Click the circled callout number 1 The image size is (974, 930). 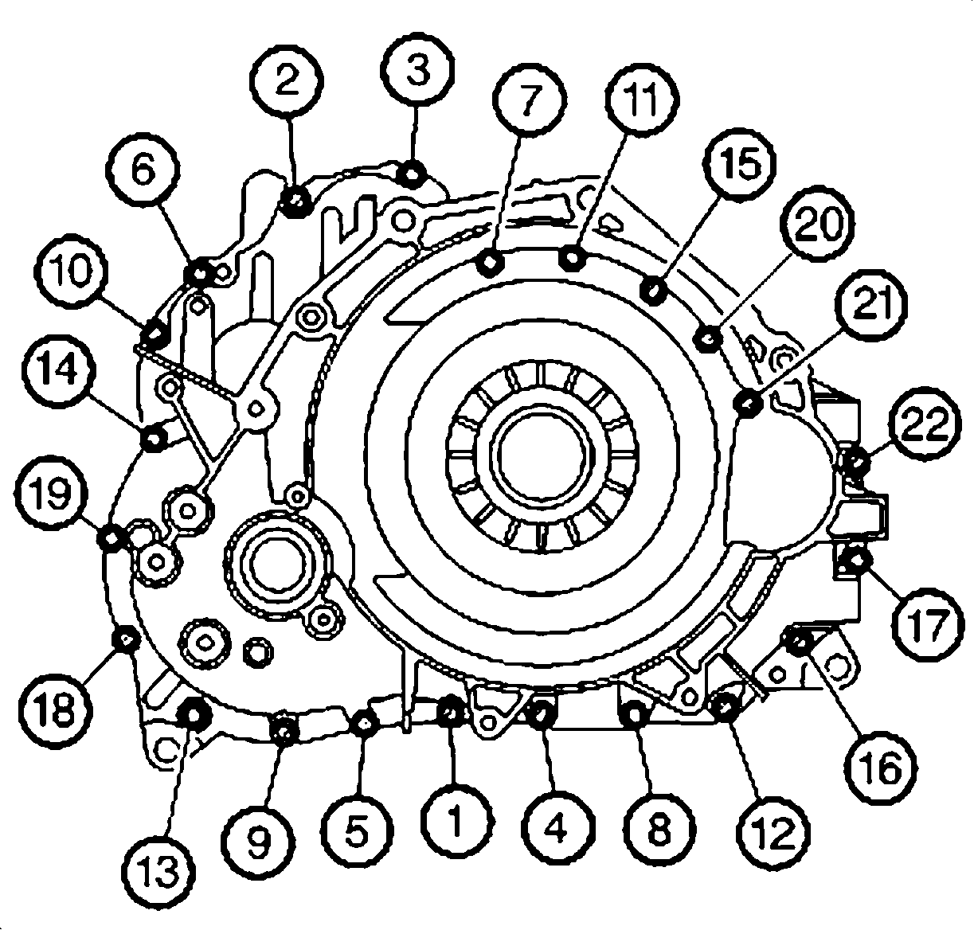456,822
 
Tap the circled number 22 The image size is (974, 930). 925,422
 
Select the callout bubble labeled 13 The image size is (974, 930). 158,872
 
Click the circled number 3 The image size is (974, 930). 418,69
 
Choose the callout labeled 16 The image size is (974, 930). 881,768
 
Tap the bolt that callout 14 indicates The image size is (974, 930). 154,439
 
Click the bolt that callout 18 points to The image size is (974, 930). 123,639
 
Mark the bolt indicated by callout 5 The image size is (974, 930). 365,724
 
